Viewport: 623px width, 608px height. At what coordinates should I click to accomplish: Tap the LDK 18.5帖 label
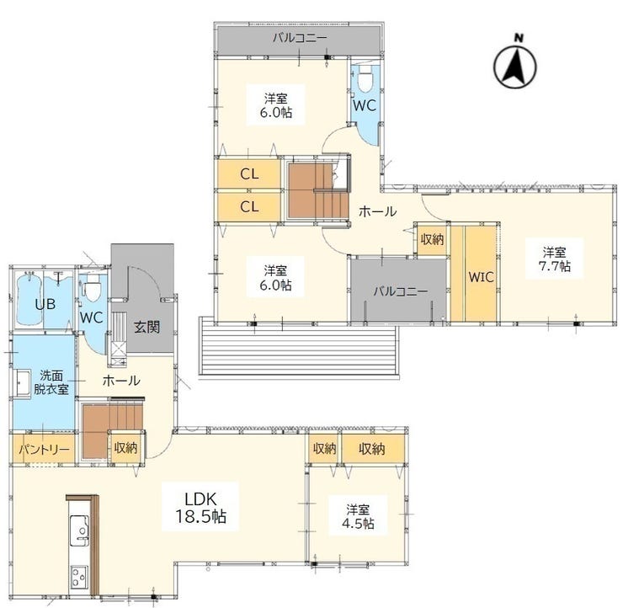coord(200,507)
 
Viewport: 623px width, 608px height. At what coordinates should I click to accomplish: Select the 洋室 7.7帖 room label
coord(554,259)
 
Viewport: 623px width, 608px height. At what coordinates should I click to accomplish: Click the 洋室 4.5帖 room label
coord(358,516)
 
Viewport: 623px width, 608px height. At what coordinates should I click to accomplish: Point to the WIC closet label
coord(482,277)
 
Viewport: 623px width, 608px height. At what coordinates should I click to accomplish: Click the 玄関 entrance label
coord(146,327)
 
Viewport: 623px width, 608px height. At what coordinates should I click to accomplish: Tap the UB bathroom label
coord(45,304)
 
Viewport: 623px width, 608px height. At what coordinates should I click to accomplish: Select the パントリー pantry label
coord(44,450)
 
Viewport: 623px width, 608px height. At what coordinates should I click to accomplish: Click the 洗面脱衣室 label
coord(51,382)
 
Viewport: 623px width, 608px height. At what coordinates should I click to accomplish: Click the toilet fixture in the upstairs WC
coord(365,78)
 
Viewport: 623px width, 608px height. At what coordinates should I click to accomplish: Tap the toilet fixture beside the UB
coord(93,289)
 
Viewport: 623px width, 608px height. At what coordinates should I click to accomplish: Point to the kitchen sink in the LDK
coord(79,531)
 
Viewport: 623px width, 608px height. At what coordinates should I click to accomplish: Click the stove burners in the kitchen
coord(79,578)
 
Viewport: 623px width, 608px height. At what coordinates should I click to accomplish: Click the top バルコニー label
coord(300,38)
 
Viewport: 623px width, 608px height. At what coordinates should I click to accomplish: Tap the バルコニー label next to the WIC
coord(401,291)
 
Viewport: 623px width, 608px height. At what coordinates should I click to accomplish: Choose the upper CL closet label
coord(249,173)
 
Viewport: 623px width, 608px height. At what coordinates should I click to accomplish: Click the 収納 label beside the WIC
coord(432,239)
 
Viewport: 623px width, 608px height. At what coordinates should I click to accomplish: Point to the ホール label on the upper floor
coord(377,211)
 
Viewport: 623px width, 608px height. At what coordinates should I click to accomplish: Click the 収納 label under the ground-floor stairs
coord(125,448)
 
